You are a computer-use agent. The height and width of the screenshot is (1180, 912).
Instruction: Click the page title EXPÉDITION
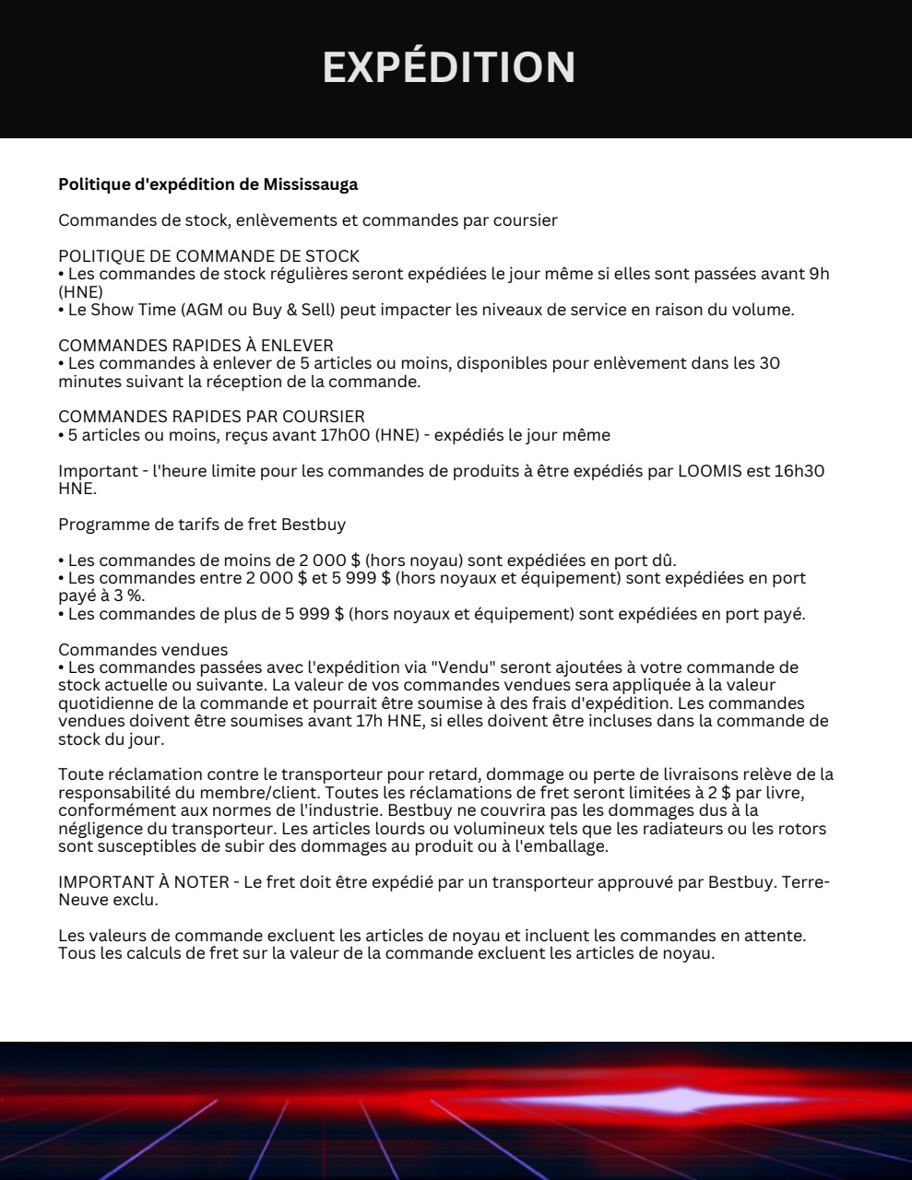click(x=449, y=67)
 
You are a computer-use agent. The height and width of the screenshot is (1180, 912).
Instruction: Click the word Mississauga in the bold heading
click(x=311, y=184)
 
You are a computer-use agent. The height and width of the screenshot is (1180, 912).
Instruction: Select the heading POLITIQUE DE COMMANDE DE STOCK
click(x=208, y=255)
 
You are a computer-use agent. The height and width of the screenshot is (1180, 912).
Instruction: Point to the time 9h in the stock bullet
click(x=819, y=274)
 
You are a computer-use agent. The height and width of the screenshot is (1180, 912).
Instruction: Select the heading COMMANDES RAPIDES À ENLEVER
click(x=195, y=345)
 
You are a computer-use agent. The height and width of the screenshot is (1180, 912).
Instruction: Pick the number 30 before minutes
click(x=769, y=363)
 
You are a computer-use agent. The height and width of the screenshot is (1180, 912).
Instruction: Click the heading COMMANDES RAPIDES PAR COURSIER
click(x=211, y=417)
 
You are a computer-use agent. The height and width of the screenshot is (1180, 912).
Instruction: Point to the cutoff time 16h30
click(x=801, y=471)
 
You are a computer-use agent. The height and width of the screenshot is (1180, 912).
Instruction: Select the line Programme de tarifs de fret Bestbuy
click(x=202, y=525)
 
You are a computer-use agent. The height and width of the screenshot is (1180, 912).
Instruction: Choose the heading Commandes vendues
click(x=143, y=650)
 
